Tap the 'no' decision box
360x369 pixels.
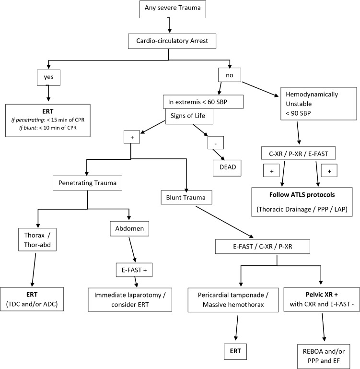[230, 75]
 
